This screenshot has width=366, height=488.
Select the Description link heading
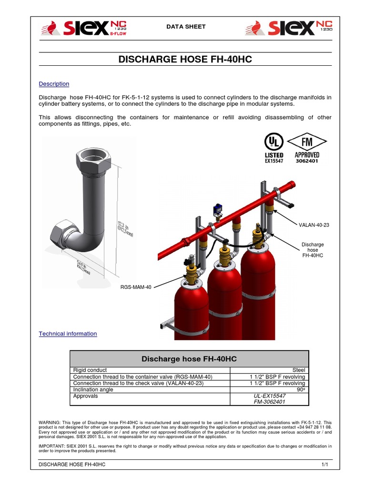pos(54,84)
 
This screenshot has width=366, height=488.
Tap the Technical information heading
pos(68,334)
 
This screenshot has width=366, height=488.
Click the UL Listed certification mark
pos(274,148)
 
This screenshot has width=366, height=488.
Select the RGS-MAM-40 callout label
pos(136,287)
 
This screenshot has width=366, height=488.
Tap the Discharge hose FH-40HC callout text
pos(313,250)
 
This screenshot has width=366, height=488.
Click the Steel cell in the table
pos(298,370)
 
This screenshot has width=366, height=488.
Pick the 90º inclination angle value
pos(300,389)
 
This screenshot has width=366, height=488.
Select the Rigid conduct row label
pos(90,370)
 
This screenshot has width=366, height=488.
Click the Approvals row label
pos(85,396)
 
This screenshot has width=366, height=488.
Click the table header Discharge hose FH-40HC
pos(189,358)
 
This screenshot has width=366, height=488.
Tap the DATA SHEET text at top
pos(186,27)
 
